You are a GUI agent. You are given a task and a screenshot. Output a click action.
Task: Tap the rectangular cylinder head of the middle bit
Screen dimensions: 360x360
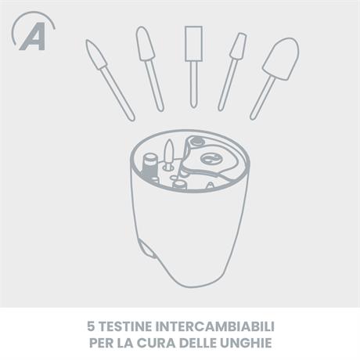[x=193, y=44]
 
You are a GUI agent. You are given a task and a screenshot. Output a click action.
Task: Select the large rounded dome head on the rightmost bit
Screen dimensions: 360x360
[x=281, y=59]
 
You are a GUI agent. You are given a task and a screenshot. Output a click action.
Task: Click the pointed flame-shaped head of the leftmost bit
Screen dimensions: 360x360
[x=95, y=54]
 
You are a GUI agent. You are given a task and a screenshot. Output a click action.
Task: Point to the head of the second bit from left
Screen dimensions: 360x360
[x=145, y=44]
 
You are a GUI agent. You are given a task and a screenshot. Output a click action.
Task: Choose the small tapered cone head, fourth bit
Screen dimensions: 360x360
[x=238, y=46]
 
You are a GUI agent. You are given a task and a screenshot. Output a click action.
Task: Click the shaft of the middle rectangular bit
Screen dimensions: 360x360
[x=193, y=85]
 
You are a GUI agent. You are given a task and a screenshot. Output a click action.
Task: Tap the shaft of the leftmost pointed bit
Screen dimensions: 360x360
[x=117, y=93]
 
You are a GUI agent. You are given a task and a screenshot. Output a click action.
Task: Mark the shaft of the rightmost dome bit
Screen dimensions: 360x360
[x=262, y=99]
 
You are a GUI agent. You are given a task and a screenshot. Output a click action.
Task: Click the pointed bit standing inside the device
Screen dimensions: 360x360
[x=169, y=154]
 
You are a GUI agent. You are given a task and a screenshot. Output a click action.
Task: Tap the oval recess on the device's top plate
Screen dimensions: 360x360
[x=211, y=158]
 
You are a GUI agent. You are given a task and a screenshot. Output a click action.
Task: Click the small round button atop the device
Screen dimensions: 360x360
[x=197, y=142]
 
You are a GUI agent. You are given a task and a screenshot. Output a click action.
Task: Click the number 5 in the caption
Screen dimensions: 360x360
[x=91, y=326]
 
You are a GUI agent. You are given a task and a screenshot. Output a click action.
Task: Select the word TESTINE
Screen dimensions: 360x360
[x=126, y=326]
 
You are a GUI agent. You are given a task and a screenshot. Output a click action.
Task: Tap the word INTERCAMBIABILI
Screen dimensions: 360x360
[x=215, y=326]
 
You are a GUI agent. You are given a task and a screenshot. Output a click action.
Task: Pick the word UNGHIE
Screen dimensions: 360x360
[x=247, y=343]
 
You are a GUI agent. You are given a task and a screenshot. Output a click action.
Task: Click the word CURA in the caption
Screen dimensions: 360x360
[x=156, y=343]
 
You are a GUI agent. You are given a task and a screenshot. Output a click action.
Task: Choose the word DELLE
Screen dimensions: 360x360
[x=198, y=343]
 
